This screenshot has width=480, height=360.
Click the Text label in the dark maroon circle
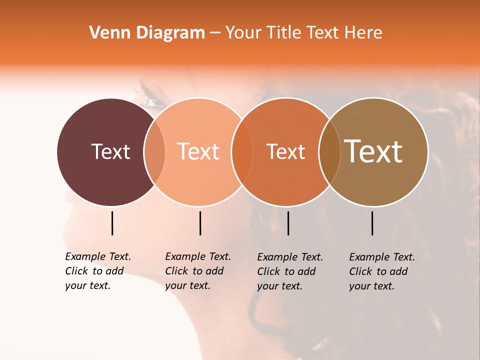coord(110,151)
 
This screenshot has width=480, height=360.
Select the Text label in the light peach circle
coord(198,151)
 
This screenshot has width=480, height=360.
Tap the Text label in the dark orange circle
coord(285,151)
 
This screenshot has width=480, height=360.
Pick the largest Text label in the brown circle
coord(373,151)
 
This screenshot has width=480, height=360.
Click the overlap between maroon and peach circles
coord(154,152)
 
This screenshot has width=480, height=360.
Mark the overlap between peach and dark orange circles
coord(242,152)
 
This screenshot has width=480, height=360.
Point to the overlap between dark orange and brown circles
coord(329,152)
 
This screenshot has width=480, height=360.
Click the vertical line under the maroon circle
coord(112,223)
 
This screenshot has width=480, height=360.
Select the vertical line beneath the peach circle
coord(200,223)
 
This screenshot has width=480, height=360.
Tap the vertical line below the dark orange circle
coord(288,223)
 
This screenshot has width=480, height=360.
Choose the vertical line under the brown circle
coord(372,223)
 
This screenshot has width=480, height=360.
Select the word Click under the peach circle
coord(176,271)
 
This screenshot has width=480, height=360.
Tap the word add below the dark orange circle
coord(307,271)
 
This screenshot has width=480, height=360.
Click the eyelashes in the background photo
coord(152,90)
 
